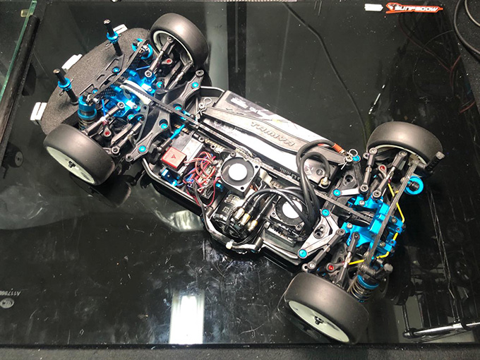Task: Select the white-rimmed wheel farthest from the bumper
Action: click(x=326, y=308)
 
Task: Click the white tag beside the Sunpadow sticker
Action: click(x=373, y=8)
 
